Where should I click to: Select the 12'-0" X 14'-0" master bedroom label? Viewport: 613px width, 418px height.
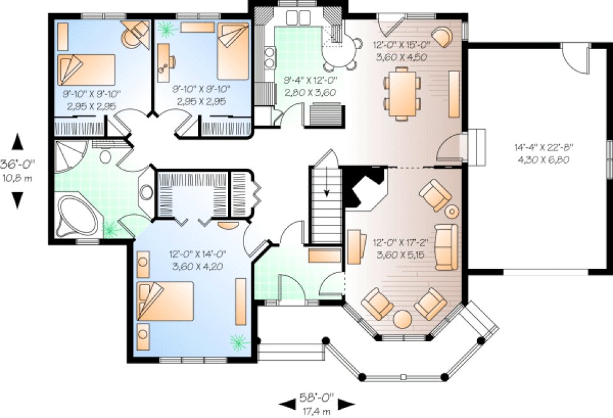click(197, 259)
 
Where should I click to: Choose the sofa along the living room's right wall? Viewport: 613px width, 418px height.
click(447, 246)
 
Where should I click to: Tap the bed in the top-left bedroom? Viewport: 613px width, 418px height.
click(86, 69)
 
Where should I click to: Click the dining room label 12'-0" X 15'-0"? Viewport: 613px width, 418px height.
click(400, 50)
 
